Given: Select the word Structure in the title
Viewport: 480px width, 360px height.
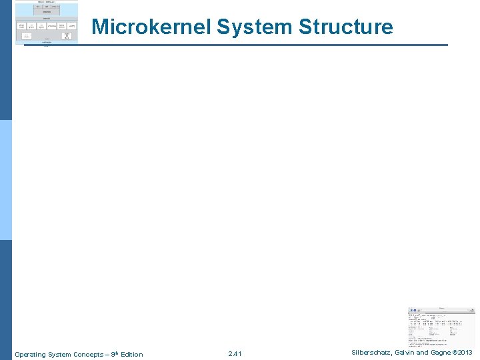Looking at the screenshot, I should click(346, 27).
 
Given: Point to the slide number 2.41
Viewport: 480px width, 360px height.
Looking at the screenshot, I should click(235, 354).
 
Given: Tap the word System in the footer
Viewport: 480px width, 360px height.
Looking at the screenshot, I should click(56, 354).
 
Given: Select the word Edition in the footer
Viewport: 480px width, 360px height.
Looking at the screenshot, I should click(131, 354).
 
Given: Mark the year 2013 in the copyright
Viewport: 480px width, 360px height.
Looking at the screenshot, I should click(466, 353).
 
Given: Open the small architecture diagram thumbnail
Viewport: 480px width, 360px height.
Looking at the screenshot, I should click(46, 23).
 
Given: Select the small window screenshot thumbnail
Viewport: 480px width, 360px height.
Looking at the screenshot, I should click(441, 327).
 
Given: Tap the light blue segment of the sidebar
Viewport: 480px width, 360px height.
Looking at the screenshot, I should click(6, 180).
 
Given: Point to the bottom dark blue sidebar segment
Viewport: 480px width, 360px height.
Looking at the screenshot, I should click(6, 300).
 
